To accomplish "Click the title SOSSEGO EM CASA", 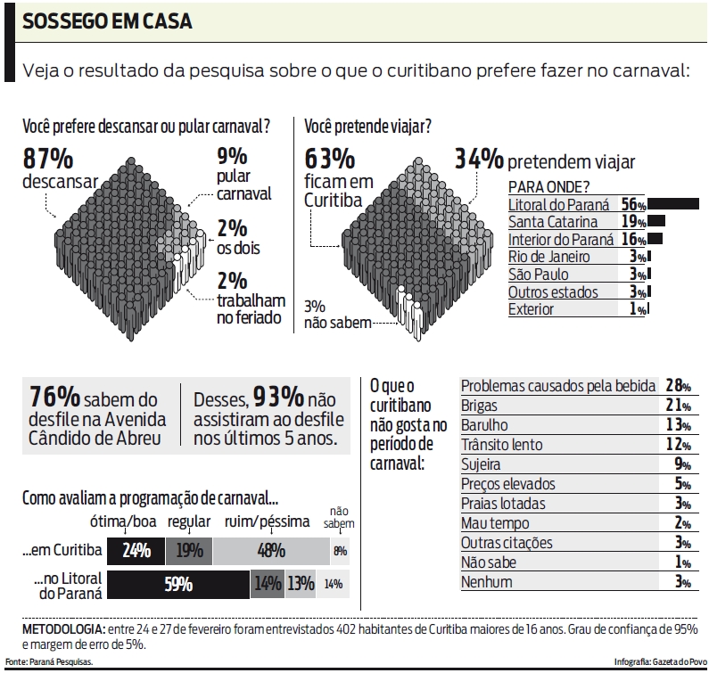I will click(x=107, y=21).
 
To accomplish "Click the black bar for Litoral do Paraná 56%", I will click(x=673, y=204).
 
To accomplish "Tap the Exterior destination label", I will click(x=531, y=309).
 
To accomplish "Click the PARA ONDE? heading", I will click(x=548, y=186).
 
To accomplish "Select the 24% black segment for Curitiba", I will click(x=136, y=551).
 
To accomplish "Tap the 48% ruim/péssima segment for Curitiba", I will click(x=270, y=551).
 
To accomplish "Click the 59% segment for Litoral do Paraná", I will click(x=178, y=585).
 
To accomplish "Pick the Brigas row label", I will click(x=481, y=405).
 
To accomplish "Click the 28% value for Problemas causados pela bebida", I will click(x=678, y=385).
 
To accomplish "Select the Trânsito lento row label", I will click(x=501, y=444).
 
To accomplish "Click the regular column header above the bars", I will click(x=188, y=521).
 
